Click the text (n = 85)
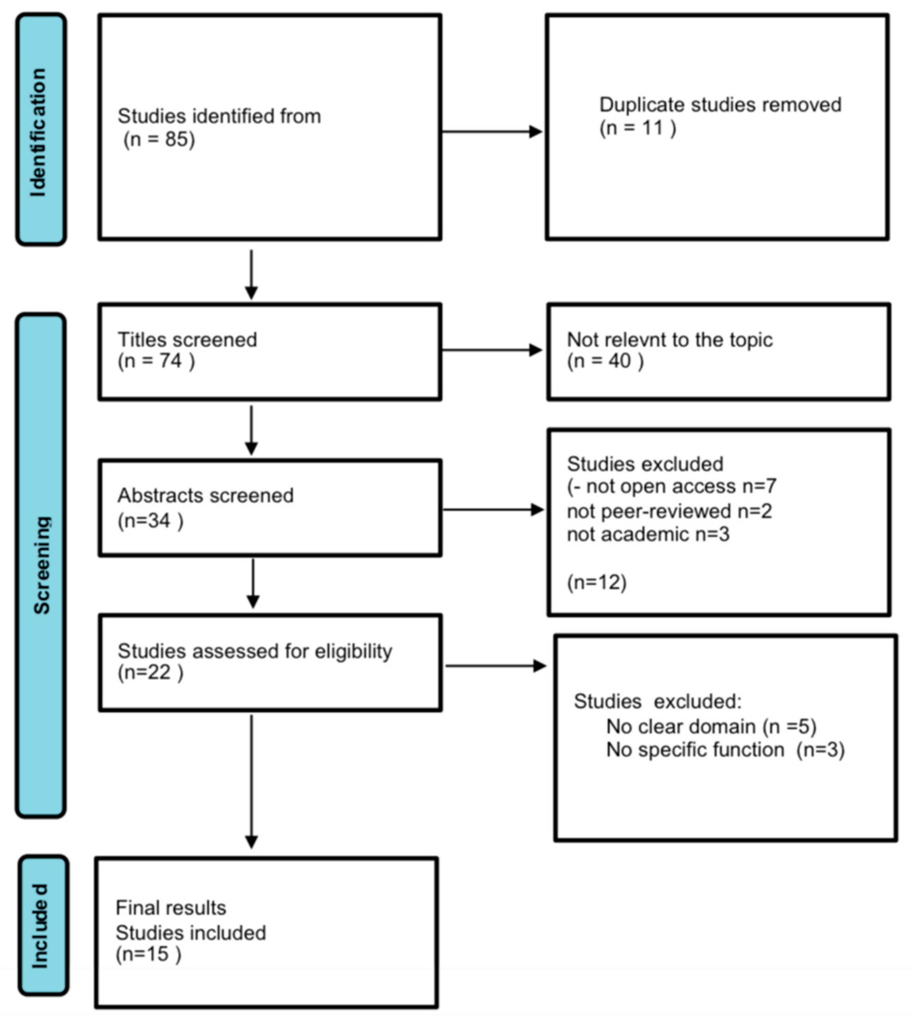pyautogui.click(x=159, y=139)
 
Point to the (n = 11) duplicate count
pyautogui.click(x=637, y=128)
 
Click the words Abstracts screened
pyautogui.click(x=205, y=496)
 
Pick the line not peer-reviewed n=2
pyautogui.click(x=669, y=511)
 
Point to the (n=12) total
pyautogui.click(x=596, y=582)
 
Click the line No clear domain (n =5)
pyautogui.click(x=711, y=726)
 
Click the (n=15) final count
pyautogui.click(x=148, y=954)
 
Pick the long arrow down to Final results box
pyautogui.click(x=251, y=781)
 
